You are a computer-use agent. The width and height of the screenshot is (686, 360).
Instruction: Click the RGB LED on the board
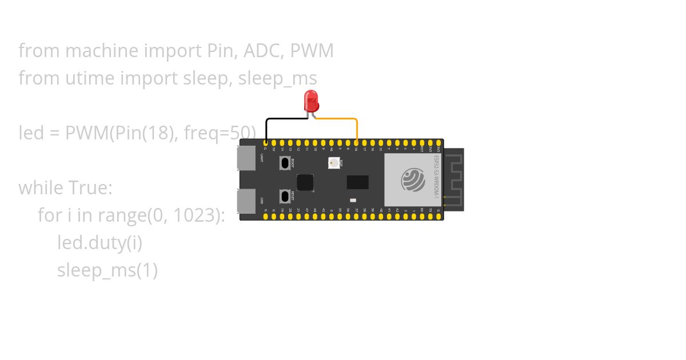(334, 163)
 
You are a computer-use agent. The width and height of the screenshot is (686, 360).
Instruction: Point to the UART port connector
(246, 158)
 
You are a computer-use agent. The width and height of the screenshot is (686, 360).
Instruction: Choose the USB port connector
(246, 201)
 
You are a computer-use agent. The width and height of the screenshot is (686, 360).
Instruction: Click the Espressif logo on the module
(413, 179)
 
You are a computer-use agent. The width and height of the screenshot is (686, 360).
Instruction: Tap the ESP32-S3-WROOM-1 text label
(437, 177)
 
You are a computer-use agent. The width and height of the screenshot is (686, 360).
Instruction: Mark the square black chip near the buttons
(305, 182)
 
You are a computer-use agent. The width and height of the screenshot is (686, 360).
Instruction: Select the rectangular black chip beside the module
(357, 182)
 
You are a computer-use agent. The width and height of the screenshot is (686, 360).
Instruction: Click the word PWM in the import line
(312, 51)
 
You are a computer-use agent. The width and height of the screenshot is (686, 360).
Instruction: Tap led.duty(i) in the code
(99, 243)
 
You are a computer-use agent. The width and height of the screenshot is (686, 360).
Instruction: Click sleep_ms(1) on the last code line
(107, 270)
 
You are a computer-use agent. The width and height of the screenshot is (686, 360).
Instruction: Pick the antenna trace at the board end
(454, 179)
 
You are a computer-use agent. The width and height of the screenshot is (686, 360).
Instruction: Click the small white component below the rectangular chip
(353, 200)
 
